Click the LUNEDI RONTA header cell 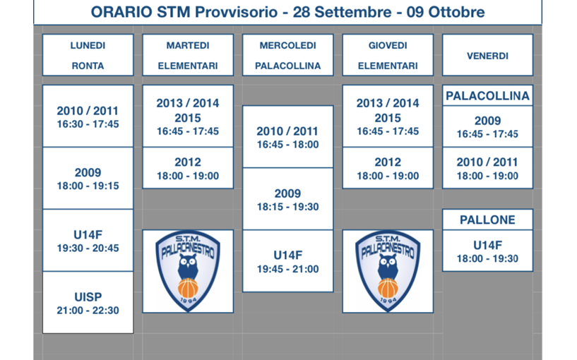pos(88,55)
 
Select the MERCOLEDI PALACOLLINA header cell pos(287,55)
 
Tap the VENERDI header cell pos(487,55)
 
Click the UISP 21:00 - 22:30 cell pos(88,303)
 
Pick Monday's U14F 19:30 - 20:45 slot pos(88,241)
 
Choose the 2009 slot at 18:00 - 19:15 pos(88,179)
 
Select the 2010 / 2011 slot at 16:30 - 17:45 pos(88,116)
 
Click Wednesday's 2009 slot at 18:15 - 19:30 pos(287,199)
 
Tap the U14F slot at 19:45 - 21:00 pos(287,261)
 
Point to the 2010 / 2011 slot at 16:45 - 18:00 pos(287,137)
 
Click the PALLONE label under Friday pos(487,220)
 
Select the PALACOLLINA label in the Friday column pos(487,96)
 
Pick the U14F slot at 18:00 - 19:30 pos(487,251)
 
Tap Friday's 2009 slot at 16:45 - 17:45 pos(487,126)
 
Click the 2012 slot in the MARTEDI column pos(188,168)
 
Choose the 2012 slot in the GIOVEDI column pos(388,168)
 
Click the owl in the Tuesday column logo pos(188,267)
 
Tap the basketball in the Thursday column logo pos(388,288)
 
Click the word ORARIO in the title pos(121,12)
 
